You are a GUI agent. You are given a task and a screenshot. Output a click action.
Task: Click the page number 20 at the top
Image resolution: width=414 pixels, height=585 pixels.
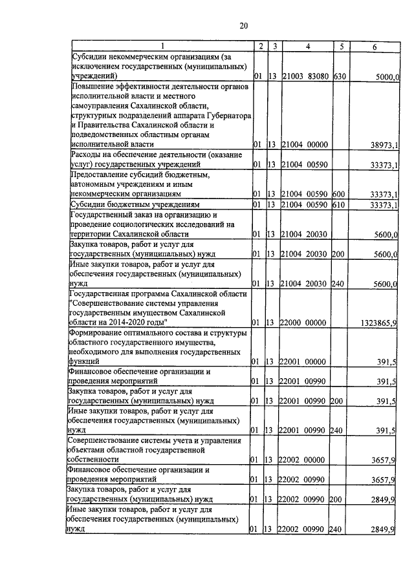tap(244, 26)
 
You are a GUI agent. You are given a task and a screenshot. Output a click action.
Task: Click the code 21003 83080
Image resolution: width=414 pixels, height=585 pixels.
tap(305, 76)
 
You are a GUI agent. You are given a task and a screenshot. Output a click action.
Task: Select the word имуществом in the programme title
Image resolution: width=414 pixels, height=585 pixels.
tap(166, 312)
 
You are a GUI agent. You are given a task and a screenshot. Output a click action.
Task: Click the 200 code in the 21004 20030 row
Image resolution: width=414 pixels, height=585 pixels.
tap(336, 255)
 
